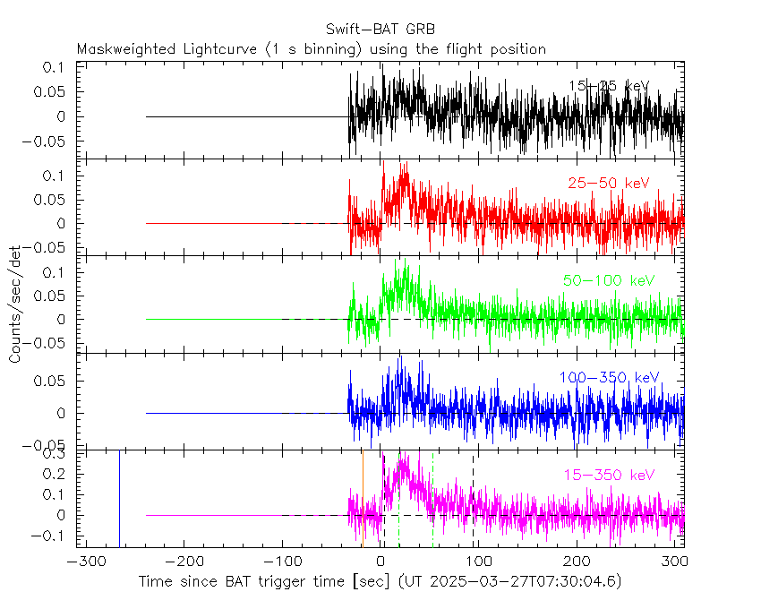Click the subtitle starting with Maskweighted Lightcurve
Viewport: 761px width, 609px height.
point(312,49)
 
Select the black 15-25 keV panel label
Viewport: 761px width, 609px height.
point(608,86)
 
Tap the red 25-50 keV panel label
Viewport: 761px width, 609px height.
point(608,184)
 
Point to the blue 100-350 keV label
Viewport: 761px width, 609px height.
point(609,378)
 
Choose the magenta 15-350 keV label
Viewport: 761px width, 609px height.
point(609,475)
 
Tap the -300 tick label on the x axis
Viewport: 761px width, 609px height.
point(82,562)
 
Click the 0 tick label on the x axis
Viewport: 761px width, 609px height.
point(381,562)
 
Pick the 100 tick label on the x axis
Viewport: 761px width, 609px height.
point(480,562)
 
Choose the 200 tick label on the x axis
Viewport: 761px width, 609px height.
point(578,562)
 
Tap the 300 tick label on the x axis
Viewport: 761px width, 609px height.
point(676,562)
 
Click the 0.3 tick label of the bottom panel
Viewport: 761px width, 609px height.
point(56,454)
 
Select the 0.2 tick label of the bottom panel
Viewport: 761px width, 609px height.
point(56,475)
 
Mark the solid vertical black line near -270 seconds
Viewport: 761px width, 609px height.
point(119,497)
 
